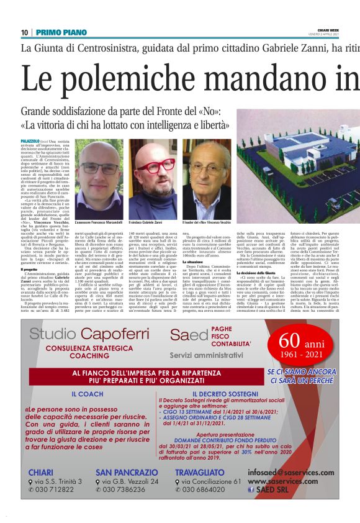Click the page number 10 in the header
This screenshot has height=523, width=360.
click(24, 32)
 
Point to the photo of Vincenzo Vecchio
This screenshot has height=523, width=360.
click(205, 178)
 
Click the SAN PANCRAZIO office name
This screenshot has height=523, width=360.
click(127, 472)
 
